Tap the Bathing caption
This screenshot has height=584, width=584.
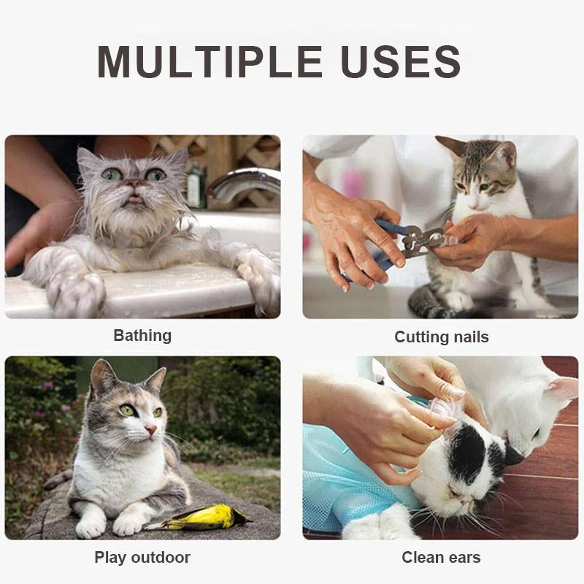pyautogui.click(x=142, y=336)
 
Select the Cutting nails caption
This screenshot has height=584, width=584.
pyautogui.click(x=442, y=337)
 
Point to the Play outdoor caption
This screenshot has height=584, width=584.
pyautogui.click(x=142, y=558)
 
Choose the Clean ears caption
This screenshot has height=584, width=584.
pyautogui.click(x=442, y=558)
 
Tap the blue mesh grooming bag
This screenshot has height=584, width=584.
pyautogui.click(x=350, y=467)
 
